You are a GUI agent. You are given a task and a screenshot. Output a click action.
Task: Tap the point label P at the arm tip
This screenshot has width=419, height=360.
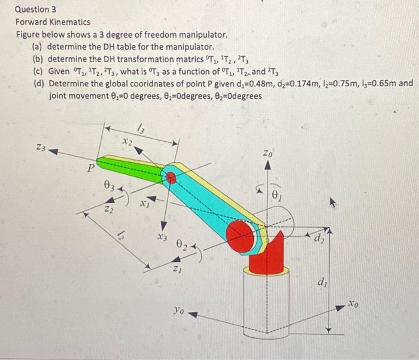pos(90,169)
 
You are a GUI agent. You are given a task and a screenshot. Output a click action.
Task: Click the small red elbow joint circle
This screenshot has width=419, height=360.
pos(172,176)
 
